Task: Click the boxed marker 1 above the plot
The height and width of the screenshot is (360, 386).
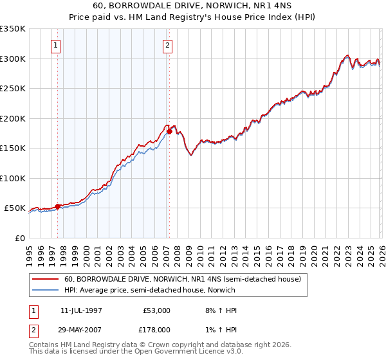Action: (x=57, y=45)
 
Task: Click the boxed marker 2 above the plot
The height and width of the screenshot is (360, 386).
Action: (x=167, y=45)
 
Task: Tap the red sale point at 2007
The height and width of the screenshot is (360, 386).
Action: (x=169, y=131)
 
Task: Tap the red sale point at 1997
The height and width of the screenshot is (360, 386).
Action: (x=57, y=206)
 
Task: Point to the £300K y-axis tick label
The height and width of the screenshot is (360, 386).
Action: (x=13, y=59)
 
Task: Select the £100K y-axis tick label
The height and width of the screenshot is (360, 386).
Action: (x=13, y=178)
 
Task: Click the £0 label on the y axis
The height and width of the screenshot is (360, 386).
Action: (x=21, y=238)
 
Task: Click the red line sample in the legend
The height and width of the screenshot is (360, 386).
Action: (x=46, y=280)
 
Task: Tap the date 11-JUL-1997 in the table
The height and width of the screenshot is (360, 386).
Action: (x=81, y=310)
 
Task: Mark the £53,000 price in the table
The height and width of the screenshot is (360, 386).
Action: (x=156, y=310)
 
